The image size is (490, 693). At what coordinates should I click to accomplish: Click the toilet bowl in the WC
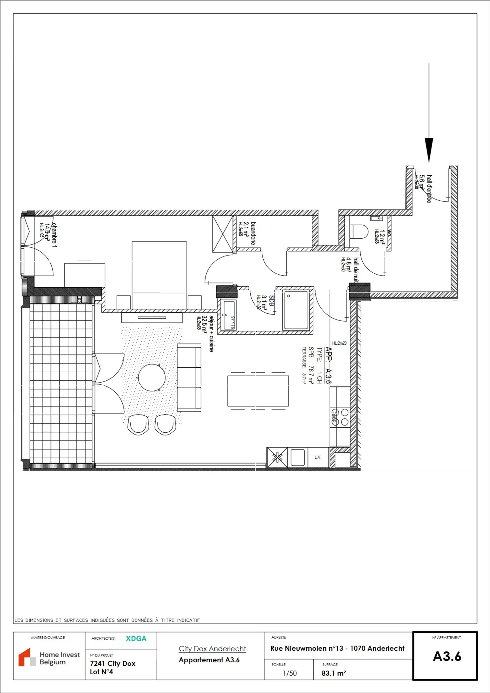point(359,232)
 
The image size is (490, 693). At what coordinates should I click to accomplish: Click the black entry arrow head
point(429,149)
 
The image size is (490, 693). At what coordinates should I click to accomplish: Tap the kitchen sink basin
point(297,458)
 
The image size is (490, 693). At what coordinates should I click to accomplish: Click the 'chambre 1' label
point(54,235)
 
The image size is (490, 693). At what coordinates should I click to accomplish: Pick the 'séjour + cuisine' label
point(211,334)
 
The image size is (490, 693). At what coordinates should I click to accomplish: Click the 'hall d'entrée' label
point(429,189)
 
